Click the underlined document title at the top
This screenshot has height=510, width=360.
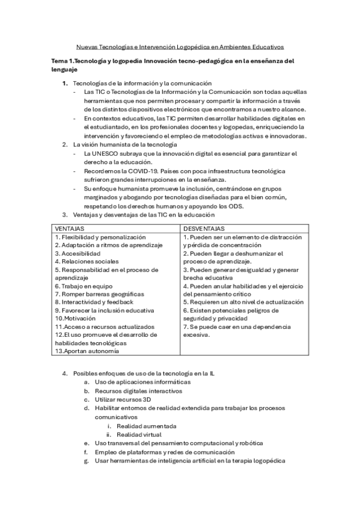pos(180,46)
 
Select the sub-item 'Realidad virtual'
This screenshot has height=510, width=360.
pos(139,434)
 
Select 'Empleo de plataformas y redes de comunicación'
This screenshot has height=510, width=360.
pos(164,452)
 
